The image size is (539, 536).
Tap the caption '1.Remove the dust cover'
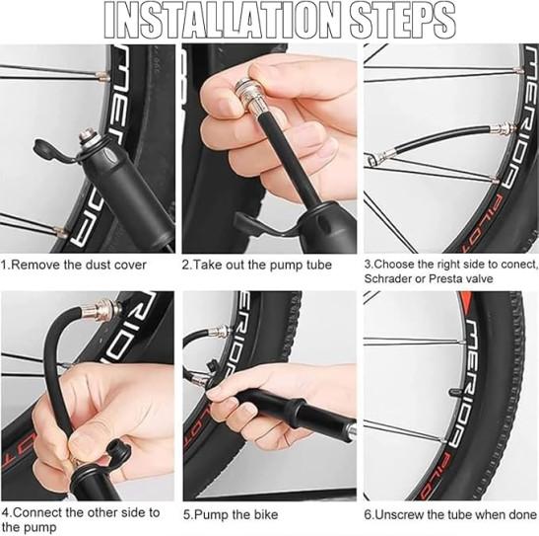click(74, 266)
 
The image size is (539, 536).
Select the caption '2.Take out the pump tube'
click(257, 266)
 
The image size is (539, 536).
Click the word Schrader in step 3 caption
click(388, 278)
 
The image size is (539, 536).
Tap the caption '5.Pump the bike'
click(231, 515)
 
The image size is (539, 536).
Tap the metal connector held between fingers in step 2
click(249, 95)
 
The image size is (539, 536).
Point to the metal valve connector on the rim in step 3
click(503, 128)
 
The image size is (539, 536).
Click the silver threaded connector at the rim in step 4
click(105, 309)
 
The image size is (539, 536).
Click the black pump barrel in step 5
click(303, 412)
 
